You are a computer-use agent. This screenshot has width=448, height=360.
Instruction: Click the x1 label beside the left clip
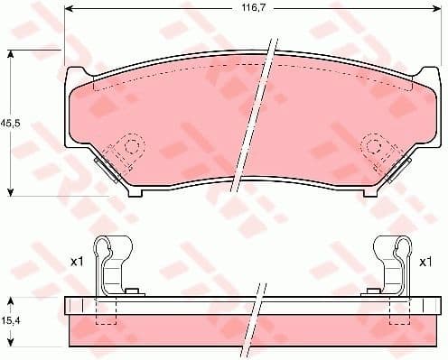pos(78,262)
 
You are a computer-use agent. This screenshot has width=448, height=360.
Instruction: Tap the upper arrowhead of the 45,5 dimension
pos(10,55)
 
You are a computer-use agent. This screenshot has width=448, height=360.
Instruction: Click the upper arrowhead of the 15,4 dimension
pos(10,299)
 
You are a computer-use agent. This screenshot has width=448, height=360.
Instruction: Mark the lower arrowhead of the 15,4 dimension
pos(10,346)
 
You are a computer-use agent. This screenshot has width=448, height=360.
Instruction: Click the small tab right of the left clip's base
pos(133,291)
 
